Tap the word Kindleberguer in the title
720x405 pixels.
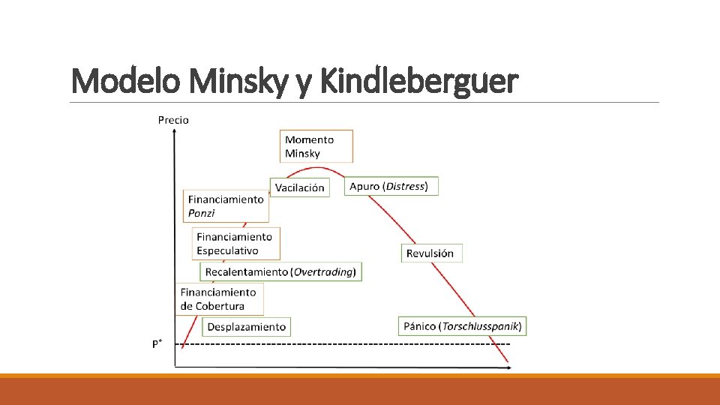tap(418, 80)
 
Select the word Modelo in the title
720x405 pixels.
tap(125, 80)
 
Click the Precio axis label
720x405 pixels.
tap(173, 120)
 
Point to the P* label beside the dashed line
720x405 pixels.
tap(157, 344)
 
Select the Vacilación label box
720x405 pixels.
tap(299, 187)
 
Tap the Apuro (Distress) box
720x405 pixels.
tap(391, 186)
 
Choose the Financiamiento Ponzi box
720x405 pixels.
tap(226, 206)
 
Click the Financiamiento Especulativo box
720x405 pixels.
tap(235, 244)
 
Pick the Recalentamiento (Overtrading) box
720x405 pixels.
tap(280, 271)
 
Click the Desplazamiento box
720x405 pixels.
tap(246, 326)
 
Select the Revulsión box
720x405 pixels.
tap(431, 253)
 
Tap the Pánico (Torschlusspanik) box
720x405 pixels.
tap(461, 325)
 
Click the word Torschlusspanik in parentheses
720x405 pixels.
tap(481, 325)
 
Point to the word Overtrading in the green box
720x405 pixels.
tap(324, 271)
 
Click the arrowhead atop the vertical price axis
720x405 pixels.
tap(174, 133)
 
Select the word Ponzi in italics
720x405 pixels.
tap(202, 214)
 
